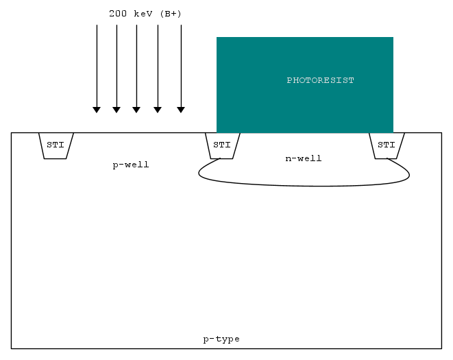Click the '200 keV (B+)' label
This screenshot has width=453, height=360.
click(145, 14)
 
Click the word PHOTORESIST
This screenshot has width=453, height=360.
click(320, 80)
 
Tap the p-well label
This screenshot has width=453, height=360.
click(131, 165)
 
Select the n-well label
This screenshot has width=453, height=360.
click(304, 158)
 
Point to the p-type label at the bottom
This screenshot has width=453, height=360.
click(221, 339)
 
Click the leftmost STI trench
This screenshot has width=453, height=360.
click(56, 146)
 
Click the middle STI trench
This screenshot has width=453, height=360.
click(223, 146)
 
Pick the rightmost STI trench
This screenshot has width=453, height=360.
click(387, 146)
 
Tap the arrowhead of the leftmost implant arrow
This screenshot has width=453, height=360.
click(97, 110)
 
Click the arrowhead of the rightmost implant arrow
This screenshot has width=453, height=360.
click(181, 110)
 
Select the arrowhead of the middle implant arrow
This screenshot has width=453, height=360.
click(136, 110)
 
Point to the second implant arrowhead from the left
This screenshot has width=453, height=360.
click(117, 110)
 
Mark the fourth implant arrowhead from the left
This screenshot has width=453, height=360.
click(158, 110)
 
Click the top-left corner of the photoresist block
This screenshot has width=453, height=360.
click(217, 37)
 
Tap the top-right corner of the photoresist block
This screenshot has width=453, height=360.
click(393, 37)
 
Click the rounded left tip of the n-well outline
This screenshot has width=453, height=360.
click(199, 173)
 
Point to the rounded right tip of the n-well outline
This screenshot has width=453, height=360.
click(409, 175)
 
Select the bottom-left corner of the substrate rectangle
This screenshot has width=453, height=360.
click(11, 348)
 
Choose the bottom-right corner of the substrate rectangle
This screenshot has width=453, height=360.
click(442, 348)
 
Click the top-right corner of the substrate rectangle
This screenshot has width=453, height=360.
click(442, 133)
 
